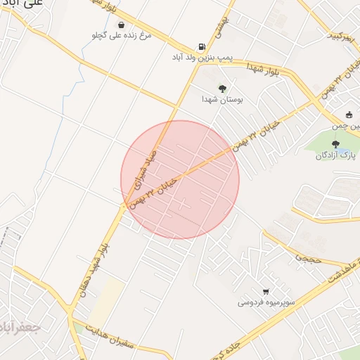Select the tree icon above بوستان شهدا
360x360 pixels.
click(x=222, y=89)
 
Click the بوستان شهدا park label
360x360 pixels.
click(x=222, y=101)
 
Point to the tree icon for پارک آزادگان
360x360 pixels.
click(x=335, y=143)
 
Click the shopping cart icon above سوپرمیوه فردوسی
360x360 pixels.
click(x=265, y=291)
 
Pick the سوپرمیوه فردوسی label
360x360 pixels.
click(x=264, y=302)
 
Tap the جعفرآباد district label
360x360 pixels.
click(x=18, y=328)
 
